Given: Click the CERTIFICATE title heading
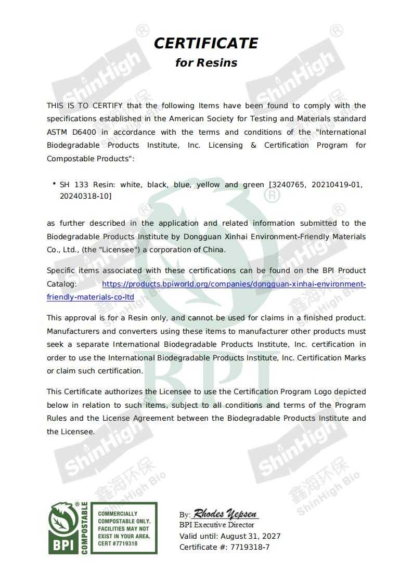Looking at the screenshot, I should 206,43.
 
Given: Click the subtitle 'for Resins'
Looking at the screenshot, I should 206,63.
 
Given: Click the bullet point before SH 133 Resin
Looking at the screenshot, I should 54,184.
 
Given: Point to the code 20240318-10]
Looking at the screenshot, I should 86,196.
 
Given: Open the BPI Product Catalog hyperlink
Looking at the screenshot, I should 234,284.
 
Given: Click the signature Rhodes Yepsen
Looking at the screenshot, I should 225,514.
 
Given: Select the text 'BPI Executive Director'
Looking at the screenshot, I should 217,525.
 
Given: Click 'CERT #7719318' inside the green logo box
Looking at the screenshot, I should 118,543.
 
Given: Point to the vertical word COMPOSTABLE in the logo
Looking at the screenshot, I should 84,528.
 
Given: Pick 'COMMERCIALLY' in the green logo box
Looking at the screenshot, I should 118,514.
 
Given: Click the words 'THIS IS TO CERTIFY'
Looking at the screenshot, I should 85,106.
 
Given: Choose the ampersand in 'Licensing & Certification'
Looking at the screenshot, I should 253,145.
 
